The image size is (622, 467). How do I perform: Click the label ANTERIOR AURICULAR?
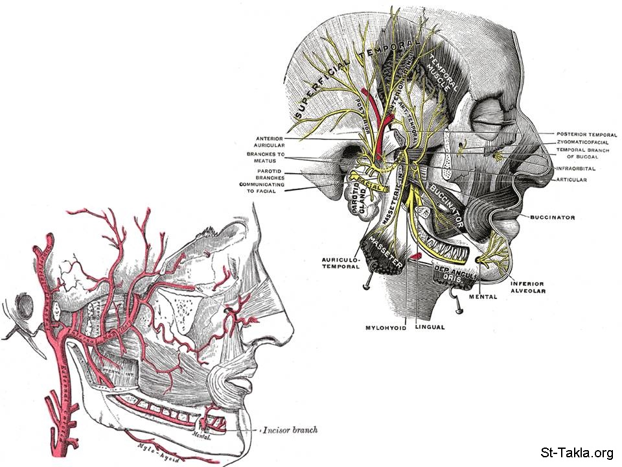point(266,141)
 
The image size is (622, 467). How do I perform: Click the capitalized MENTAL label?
point(482,297)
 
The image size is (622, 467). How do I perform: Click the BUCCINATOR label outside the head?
point(553,217)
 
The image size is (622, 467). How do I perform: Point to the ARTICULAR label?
point(571,180)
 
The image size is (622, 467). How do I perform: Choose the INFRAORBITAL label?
point(575,169)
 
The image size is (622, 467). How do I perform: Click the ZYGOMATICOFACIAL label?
point(584,142)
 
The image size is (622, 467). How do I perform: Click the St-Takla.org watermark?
point(575,453)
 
